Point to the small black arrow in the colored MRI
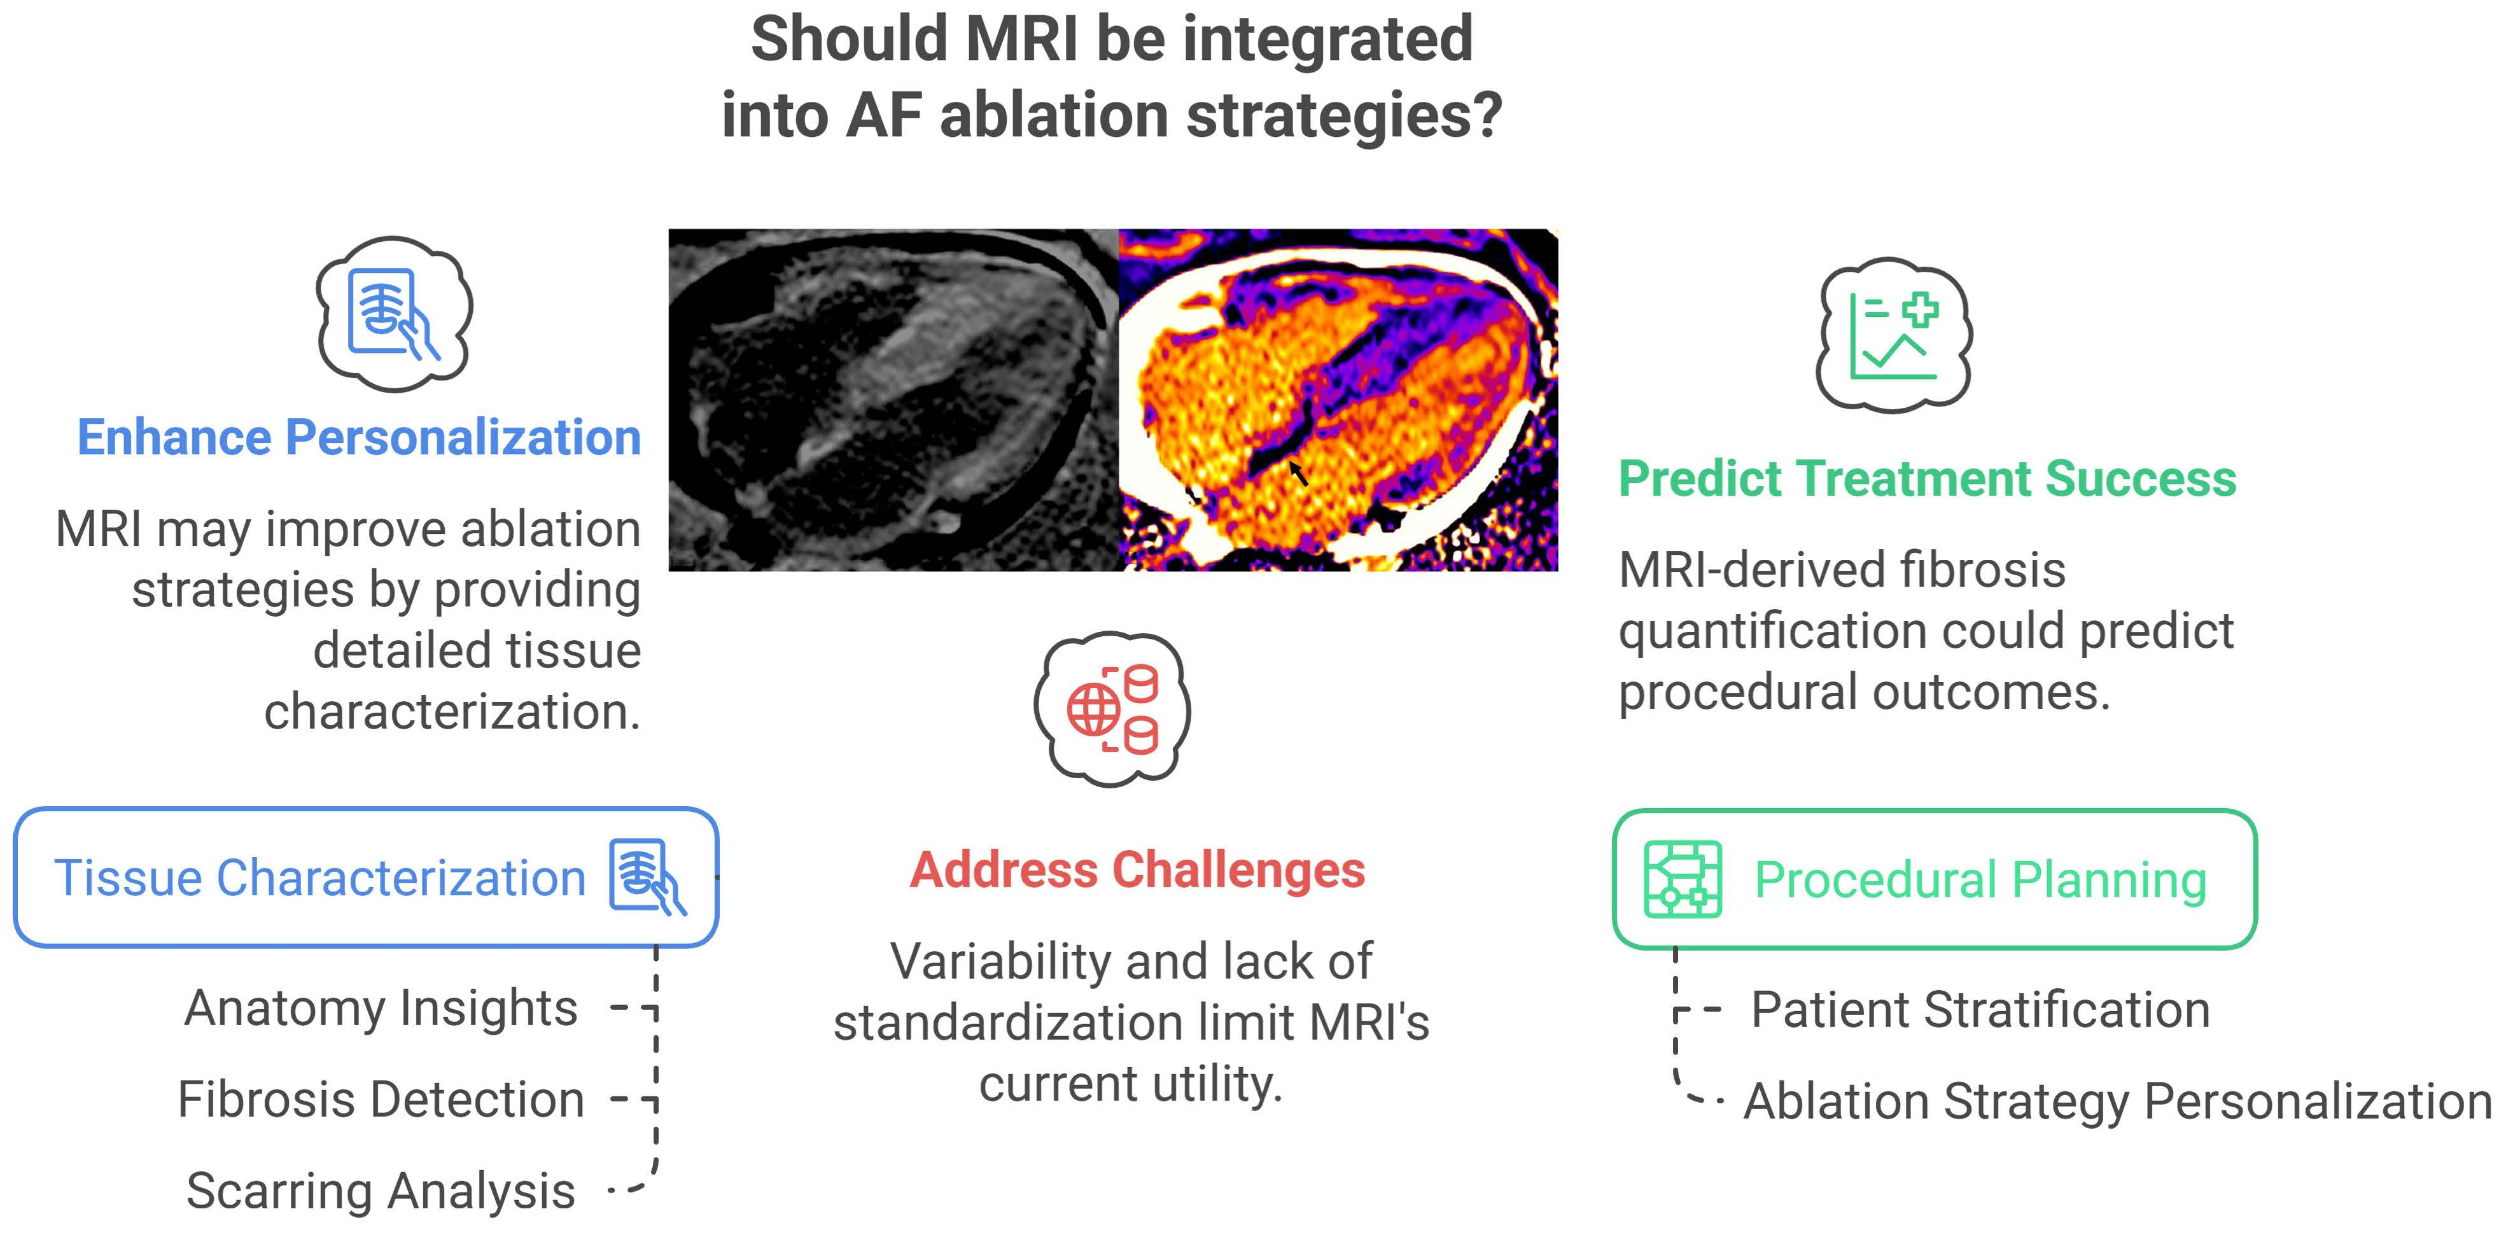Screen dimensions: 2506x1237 (x=1299, y=473)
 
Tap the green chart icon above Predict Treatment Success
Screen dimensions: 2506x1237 (x=1893, y=335)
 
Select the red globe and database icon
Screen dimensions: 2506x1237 (x=1112, y=709)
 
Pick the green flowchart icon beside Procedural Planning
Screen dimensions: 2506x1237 (x=1682, y=879)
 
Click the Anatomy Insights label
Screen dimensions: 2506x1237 (x=381, y=1007)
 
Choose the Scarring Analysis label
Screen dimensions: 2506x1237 (x=381, y=1191)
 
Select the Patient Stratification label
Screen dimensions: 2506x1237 (x=1980, y=1009)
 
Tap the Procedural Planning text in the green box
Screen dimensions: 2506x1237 (x=1980, y=880)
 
